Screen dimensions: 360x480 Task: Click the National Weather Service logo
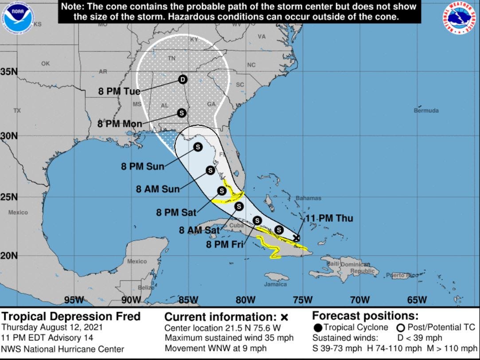(458, 19)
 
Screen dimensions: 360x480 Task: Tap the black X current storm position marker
(297, 238)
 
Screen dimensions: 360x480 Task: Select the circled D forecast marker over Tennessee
(183, 80)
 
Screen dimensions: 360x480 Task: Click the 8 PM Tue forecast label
(119, 92)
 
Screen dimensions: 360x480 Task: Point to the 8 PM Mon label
(120, 124)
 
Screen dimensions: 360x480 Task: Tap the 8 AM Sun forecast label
(158, 189)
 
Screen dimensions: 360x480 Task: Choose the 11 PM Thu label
(329, 218)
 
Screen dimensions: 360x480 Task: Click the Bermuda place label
(426, 110)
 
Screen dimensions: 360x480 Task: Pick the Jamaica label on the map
(276, 284)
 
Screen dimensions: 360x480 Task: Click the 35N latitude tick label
(9, 72)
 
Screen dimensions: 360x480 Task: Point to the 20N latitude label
(9, 255)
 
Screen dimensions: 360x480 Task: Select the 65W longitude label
(417, 300)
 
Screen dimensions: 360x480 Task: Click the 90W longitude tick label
(131, 300)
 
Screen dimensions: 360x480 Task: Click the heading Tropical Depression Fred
(71, 317)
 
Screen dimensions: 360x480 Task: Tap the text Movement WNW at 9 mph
(215, 348)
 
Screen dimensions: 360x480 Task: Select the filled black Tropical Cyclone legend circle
(318, 328)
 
